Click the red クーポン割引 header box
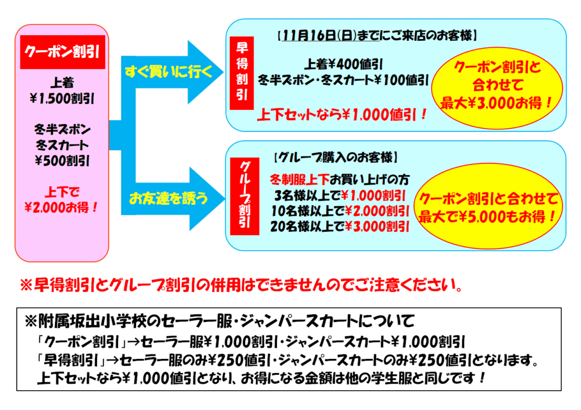[62, 52]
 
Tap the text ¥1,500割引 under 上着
[62, 99]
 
